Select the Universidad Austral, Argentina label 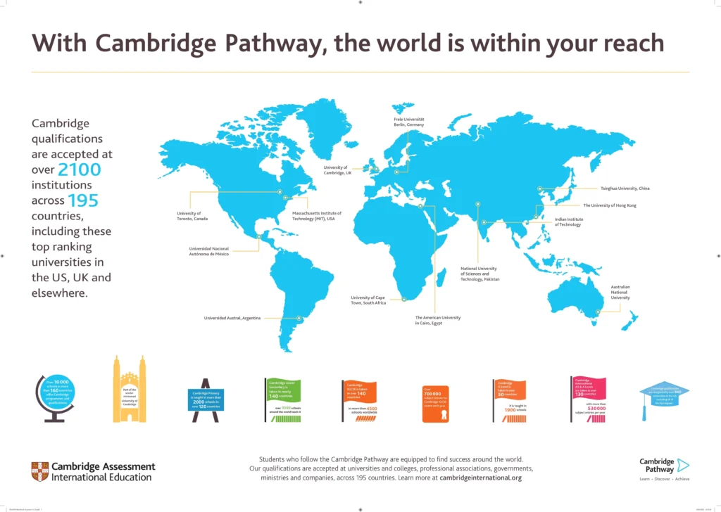pyautogui.click(x=232, y=319)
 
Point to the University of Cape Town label pyautogui.click(x=369, y=300)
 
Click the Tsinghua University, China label pyautogui.click(x=625, y=188)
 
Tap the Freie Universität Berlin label pyautogui.click(x=409, y=122)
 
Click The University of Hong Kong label pyautogui.click(x=609, y=205)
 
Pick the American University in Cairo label pyautogui.click(x=437, y=320)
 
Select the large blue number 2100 pyautogui.click(x=79, y=169)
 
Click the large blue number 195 pyautogui.click(x=82, y=201)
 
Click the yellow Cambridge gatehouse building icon pyautogui.click(x=130, y=390)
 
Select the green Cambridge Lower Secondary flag pyautogui.click(x=284, y=391)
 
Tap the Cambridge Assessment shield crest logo pyautogui.click(x=40, y=471)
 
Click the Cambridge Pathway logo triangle pyautogui.click(x=682, y=465)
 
